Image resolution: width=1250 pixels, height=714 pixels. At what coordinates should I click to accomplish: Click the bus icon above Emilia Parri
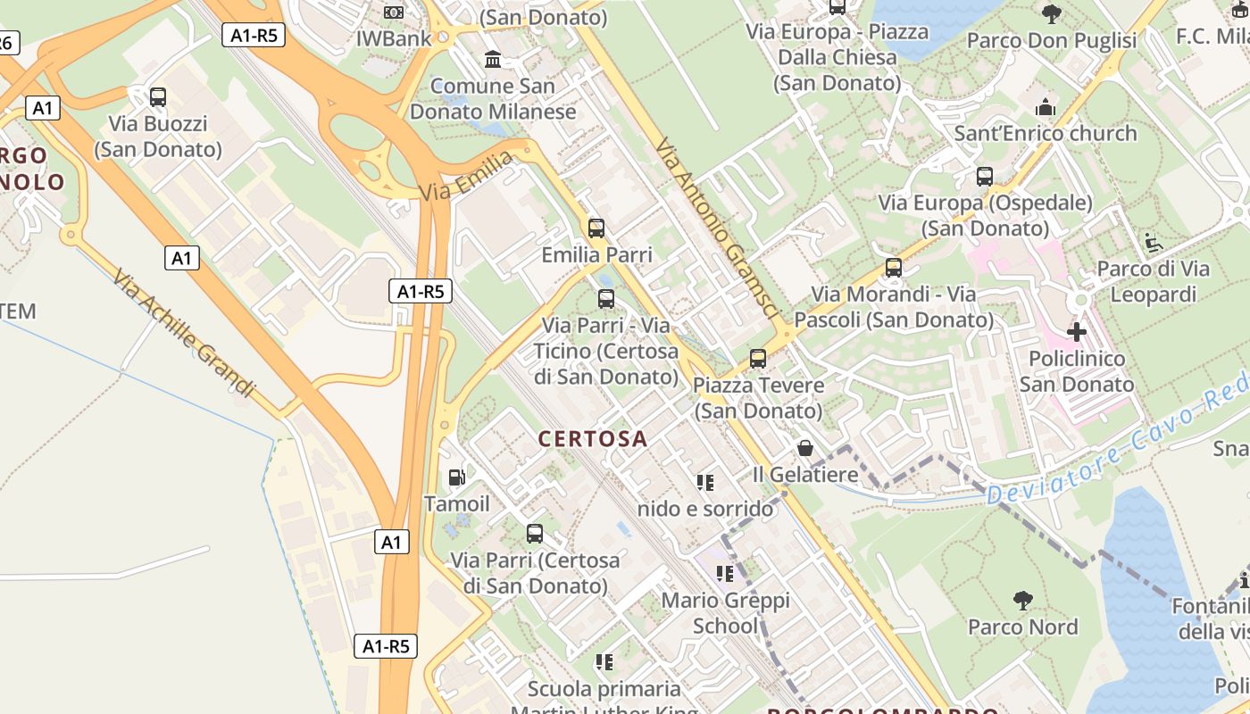pyautogui.click(x=596, y=228)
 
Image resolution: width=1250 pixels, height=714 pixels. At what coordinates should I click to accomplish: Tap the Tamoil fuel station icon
pyautogui.click(x=456, y=477)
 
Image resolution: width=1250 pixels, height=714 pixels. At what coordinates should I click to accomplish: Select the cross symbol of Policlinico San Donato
pyautogui.click(x=1077, y=332)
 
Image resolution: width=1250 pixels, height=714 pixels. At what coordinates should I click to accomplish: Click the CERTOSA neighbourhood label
pyautogui.click(x=593, y=438)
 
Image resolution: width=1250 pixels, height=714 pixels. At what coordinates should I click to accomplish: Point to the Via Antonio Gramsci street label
pyautogui.click(x=717, y=228)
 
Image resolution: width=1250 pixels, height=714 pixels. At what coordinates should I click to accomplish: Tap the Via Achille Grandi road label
pyautogui.click(x=184, y=332)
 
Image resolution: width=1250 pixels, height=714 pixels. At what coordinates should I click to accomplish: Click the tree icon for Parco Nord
pyautogui.click(x=1023, y=601)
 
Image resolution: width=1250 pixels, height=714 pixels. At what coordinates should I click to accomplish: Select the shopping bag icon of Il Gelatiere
pyautogui.click(x=805, y=448)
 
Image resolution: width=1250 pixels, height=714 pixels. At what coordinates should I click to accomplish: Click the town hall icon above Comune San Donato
pyautogui.click(x=493, y=60)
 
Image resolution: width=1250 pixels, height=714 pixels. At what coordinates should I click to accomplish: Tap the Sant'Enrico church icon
pyautogui.click(x=1046, y=107)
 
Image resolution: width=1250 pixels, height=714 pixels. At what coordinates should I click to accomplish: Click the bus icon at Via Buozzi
pyautogui.click(x=158, y=97)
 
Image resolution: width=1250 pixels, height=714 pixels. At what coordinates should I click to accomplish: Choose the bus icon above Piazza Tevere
pyautogui.click(x=758, y=359)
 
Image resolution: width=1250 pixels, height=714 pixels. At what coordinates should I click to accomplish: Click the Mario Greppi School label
pyautogui.click(x=725, y=613)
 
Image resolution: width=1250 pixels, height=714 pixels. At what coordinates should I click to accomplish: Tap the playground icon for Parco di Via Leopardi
pyautogui.click(x=1153, y=242)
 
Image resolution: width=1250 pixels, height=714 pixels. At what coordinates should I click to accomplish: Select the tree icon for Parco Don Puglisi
pyautogui.click(x=1052, y=13)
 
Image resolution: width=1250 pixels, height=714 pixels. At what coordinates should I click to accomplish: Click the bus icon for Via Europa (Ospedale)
pyautogui.click(x=985, y=177)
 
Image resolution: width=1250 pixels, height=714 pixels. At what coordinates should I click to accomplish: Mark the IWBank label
pyautogui.click(x=394, y=38)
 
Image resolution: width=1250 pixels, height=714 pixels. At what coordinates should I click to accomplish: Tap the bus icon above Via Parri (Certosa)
pyautogui.click(x=535, y=534)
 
